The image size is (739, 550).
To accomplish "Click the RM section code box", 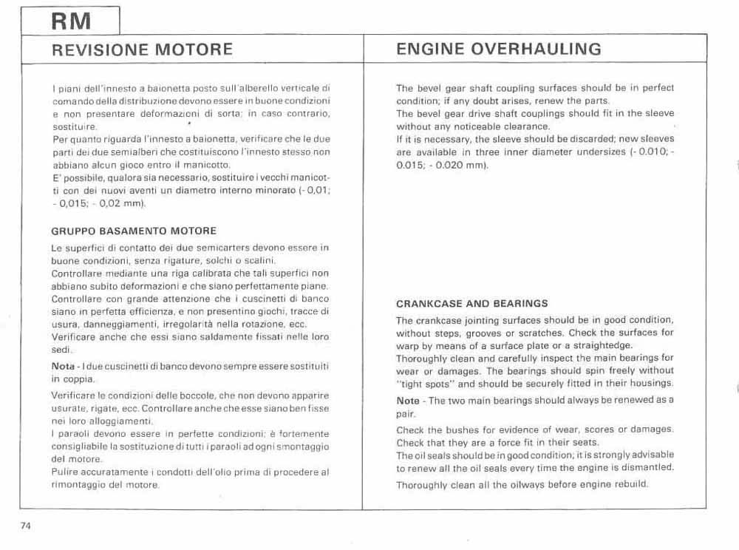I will (x=72, y=21).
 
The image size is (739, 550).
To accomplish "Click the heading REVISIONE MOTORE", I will (x=143, y=50).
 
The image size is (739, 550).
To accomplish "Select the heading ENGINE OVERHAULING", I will (x=499, y=50).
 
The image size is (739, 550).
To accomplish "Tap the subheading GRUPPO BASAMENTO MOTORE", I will (x=134, y=231).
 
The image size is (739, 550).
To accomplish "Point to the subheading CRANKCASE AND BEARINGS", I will (x=471, y=303).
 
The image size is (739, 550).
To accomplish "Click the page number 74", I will (x=26, y=526).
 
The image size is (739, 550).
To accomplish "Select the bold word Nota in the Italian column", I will (x=63, y=367).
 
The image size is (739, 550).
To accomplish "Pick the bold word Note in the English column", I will (x=408, y=401).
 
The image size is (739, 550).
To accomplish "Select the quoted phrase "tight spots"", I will (x=423, y=383).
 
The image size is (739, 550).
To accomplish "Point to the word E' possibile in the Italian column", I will (x=75, y=178).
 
